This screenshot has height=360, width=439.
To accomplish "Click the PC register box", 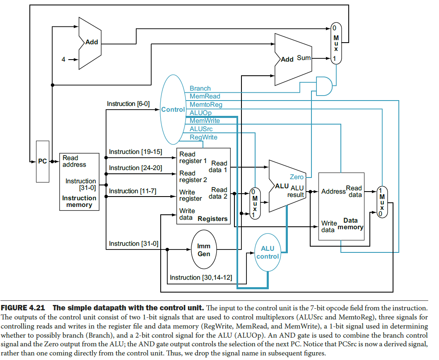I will (42, 161).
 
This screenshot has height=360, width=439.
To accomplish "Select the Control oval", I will (173, 110).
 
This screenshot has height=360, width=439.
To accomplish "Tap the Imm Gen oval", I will (204, 250).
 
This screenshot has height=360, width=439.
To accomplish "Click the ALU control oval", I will (268, 252).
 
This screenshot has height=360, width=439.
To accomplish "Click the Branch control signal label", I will (200, 89).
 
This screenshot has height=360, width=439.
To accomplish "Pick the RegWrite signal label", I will (203, 137).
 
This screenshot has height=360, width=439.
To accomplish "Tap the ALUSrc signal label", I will (201, 129).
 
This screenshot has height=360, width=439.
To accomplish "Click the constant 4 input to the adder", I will (63, 60).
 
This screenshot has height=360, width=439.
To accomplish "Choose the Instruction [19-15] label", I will (135, 152).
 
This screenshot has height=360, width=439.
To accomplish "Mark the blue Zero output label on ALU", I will (297, 177).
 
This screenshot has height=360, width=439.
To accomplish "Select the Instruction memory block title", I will (79, 202).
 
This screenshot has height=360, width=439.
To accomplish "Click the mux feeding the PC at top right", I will (336, 43).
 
